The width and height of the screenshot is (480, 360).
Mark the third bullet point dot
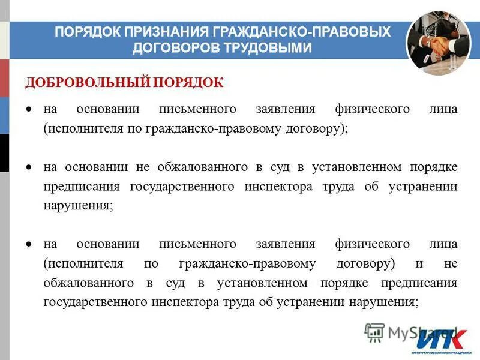[28, 244]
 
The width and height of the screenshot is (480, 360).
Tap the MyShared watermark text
[414, 331]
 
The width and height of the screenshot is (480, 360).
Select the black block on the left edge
[4, 153]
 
